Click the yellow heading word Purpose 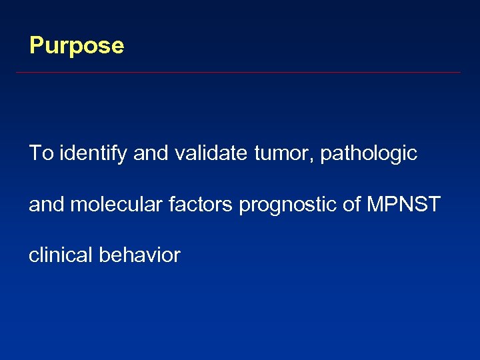coord(77,46)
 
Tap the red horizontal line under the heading coord(238,72)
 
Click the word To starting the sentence coord(41,153)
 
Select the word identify coord(93,154)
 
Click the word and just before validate coord(151,153)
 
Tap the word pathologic coord(369,154)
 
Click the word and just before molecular coord(47,204)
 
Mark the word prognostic coord(287,205)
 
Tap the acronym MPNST coord(405,204)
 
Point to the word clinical coord(61,255)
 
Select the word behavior coord(139,255)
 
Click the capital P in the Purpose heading coord(36,46)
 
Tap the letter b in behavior coord(103,255)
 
